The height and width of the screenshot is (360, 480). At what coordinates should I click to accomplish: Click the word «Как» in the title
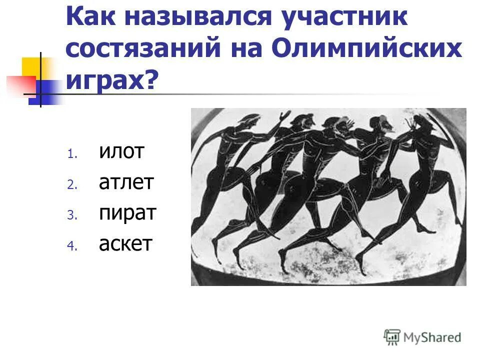tap(94, 18)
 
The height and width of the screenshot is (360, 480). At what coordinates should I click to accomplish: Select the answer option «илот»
tap(121, 152)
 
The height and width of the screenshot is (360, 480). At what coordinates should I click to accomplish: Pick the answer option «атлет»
tap(126, 183)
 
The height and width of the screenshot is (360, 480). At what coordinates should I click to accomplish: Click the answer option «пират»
tap(127, 213)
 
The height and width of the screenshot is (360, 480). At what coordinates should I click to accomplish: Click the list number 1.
tap(70, 154)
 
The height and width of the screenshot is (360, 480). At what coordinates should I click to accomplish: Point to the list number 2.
tap(70, 185)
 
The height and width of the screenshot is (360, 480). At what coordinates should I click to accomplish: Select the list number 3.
tap(70, 215)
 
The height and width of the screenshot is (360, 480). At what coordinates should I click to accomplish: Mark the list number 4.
tap(70, 246)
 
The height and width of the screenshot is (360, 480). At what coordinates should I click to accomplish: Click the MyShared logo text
tap(432, 337)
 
